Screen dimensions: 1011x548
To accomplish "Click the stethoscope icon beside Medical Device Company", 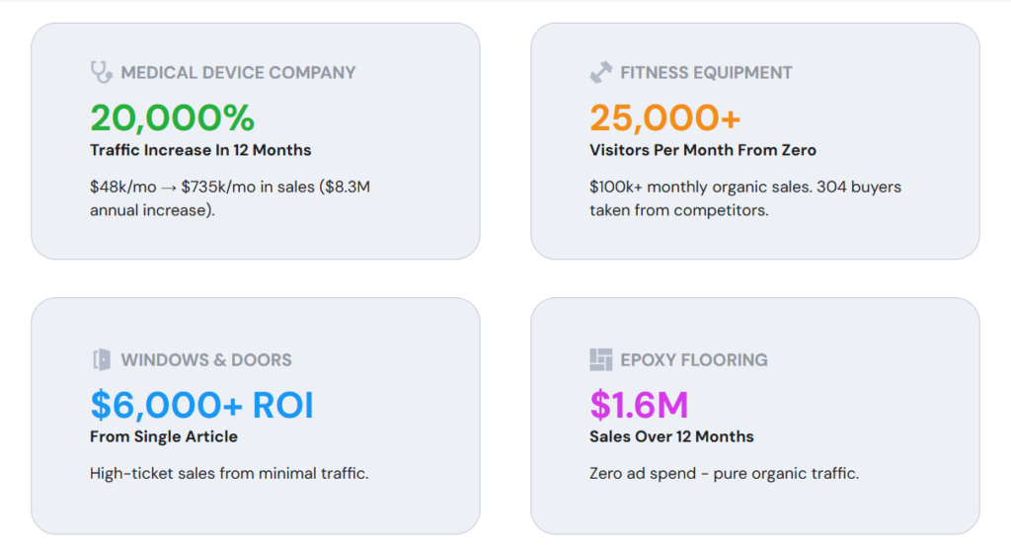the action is coord(102,72).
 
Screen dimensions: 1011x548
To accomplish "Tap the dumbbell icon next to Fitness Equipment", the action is coord(601,72).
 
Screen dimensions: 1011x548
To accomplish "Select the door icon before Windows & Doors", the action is coord(102,359).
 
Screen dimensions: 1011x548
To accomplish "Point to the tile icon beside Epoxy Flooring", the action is coord(601,359).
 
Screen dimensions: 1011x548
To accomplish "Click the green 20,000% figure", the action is coord(172,117).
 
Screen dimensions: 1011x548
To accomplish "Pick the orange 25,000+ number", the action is coord(664,117).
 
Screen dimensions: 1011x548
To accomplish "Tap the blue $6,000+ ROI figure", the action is coord(201,405).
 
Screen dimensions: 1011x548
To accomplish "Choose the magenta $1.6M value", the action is coord(639,405).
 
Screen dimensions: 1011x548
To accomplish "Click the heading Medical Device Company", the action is coord(238,73).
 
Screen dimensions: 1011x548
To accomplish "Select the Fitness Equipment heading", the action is coord(706,73).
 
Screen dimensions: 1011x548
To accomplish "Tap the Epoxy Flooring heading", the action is coord(694,359).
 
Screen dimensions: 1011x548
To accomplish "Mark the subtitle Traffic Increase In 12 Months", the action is coord(200,150).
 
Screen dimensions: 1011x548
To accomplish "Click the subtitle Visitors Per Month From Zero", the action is coord(703,150).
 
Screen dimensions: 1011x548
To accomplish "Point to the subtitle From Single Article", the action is coord(164,436).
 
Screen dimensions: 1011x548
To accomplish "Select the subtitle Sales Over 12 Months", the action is coord(671,436).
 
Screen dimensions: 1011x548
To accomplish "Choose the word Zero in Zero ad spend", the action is coord(605,474).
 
